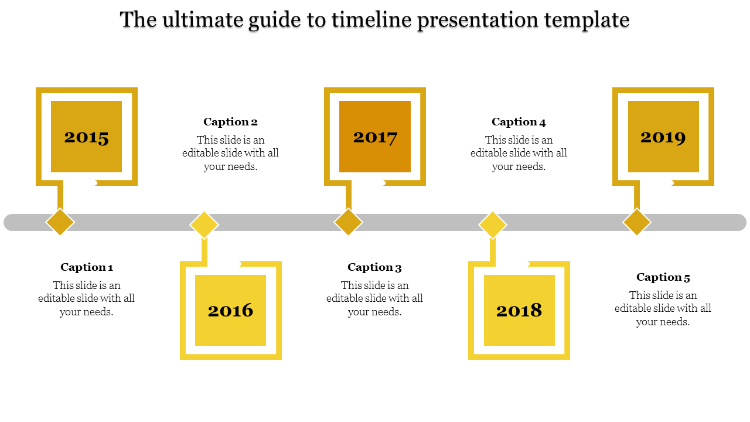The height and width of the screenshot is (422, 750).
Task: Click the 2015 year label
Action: click(x=87, y=138)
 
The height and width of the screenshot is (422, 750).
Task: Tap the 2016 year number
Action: click(x=230, y=311)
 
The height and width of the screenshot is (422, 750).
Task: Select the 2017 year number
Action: click(x=375, y=138)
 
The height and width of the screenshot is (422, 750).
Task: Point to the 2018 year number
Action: click(x=519, y=311)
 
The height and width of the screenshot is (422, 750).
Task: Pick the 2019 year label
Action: click(x=663, y=138)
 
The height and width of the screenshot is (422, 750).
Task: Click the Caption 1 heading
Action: click(x=87, y=267)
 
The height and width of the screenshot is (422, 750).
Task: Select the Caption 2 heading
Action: click(x=230, y=122)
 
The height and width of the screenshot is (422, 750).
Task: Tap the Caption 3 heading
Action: click(x=374, y=267)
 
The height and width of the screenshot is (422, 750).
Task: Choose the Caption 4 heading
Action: click(x=519, y=122)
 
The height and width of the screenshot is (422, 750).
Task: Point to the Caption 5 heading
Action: click(x=663, y=277)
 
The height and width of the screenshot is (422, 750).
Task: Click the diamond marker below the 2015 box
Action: click(x=60, y=222)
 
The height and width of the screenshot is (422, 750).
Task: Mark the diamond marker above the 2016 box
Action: click(x=204, y=225)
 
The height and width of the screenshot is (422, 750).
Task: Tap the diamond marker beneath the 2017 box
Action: click(x=349, y=222)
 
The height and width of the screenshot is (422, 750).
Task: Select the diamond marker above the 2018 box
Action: click(x=493, y=225)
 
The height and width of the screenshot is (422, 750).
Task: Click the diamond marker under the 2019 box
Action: click(x=637, y=222)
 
